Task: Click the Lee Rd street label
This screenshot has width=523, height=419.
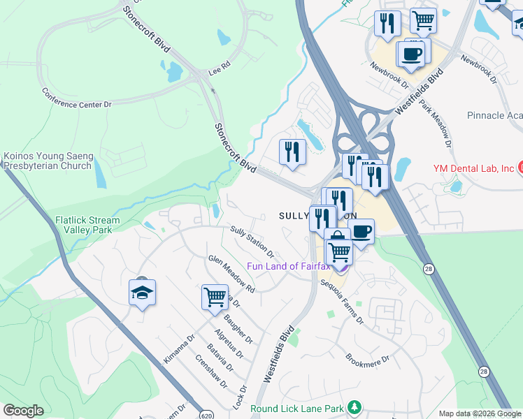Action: [219, 71]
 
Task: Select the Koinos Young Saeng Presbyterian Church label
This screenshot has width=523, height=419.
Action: [48, 161]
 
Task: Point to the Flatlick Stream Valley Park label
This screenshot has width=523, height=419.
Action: [87, 224]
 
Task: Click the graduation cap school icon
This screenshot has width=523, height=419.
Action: [142, 292]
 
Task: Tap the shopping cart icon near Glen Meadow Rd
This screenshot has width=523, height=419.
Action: [215, 296]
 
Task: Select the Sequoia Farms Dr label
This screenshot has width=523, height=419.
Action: [343, 301]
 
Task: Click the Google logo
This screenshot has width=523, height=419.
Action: [23, 411]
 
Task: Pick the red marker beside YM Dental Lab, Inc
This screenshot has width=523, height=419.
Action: [520, 167]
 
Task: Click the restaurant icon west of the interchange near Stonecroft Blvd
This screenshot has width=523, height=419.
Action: [292, 152]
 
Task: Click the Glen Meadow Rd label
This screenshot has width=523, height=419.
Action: [231, 273]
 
